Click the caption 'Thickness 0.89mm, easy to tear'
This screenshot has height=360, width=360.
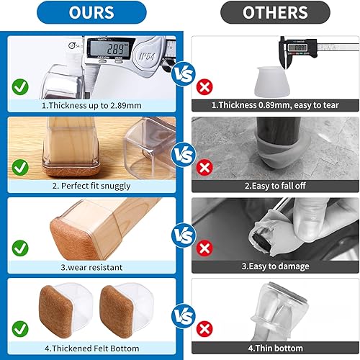click(275, 105)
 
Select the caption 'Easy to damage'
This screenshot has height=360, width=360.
click(275, 266)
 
